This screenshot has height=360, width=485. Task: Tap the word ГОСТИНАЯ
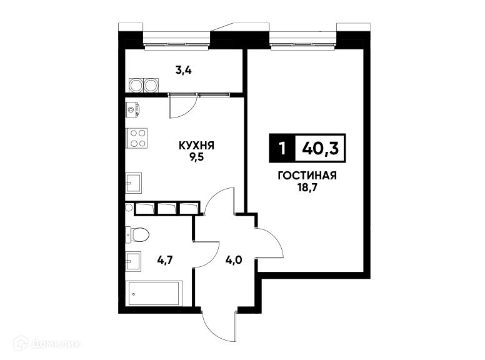(307, 176)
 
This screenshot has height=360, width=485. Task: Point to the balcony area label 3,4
(183, 70)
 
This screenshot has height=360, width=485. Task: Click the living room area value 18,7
(307, 187)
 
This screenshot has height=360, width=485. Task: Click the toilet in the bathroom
(138, 234)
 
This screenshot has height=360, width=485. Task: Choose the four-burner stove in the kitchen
(137, 137)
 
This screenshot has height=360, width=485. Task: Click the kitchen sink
(133, 184)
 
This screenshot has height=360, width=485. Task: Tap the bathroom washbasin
(132, 259)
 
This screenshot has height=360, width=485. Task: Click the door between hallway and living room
(270, 246)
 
